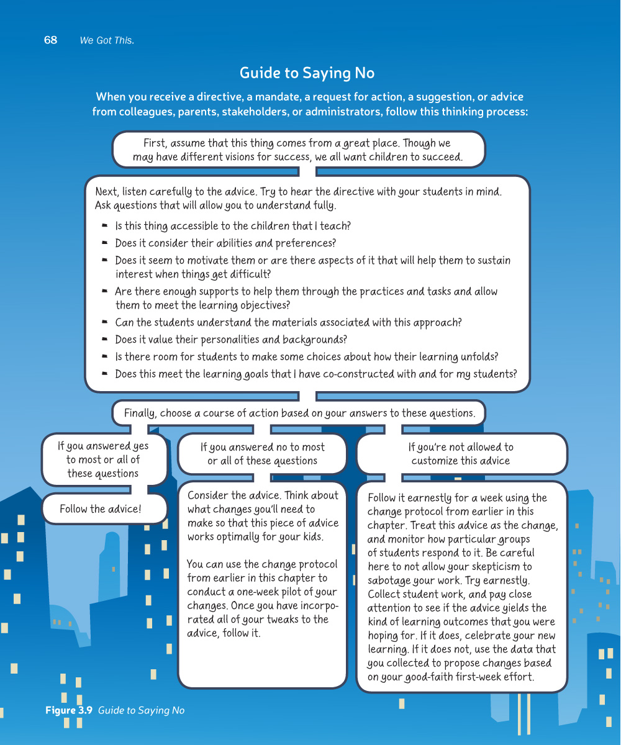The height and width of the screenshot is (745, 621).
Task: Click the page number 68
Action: [50, 40]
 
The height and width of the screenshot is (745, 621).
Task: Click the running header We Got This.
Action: [107, 41]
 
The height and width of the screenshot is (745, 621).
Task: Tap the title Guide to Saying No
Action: [307, 73]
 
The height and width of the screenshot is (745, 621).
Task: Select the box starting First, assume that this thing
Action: [298, 150]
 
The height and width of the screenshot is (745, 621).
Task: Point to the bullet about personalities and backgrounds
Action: [230, 340]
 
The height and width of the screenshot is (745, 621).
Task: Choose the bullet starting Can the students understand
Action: [288, 323]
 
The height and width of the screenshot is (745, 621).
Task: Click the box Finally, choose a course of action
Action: [299, 413]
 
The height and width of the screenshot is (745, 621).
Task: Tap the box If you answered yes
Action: [103, 460]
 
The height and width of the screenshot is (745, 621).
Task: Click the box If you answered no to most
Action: [262, 454]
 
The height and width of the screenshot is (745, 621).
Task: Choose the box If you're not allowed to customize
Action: [461, 454]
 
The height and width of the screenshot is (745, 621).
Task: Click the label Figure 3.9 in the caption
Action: [69, 711]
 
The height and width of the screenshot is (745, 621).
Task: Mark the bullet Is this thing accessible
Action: [233, 227]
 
